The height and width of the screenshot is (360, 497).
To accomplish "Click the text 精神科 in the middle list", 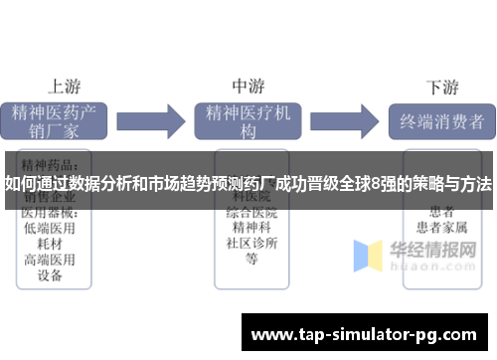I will pyautogui.click(x=251, y=228).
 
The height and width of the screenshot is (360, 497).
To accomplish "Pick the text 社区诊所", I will pyautogui.click(x=251, y=244).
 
